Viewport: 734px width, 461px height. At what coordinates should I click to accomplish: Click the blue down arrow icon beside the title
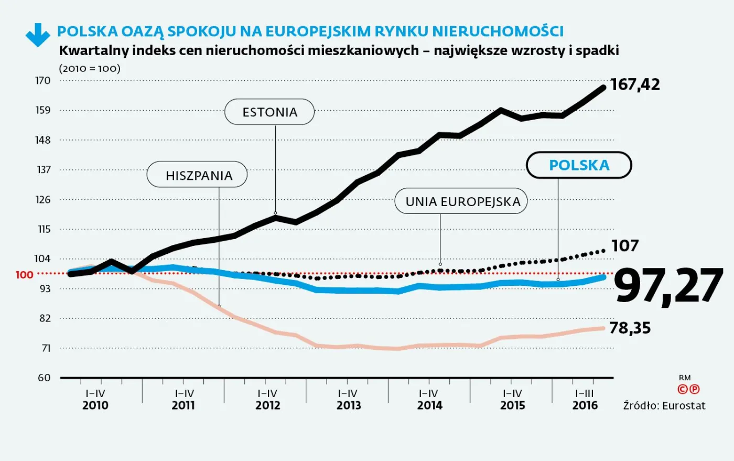click(x=38, y=35)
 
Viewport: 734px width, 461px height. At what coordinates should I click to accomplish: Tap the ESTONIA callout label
click(x=269, y=112)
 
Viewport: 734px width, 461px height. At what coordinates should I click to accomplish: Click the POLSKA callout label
click(x=579, y=165)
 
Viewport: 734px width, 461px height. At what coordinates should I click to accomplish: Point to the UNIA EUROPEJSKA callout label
click(x=461, y=201)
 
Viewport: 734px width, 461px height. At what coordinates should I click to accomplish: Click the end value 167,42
click(x=635, y=84)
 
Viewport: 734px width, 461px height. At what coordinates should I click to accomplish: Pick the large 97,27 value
click(x=668, y=286)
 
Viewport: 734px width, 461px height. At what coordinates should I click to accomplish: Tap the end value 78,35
click(x=630, y=328)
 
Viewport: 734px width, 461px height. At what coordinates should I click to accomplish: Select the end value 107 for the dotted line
click(x=625, y=245)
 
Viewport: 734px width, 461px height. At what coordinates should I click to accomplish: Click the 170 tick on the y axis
click(x=43, y=81)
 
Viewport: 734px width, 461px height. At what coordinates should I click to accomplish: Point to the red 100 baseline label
click(x=24, y=275)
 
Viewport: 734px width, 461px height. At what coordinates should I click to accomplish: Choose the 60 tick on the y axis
click(x=44, y=378)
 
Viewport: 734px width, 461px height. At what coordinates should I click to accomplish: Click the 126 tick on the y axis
click(x=43, y=199)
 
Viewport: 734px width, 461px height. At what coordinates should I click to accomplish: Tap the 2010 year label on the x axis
click(x=95, y=405)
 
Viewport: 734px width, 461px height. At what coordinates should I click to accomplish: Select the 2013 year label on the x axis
click(x=349, y=405)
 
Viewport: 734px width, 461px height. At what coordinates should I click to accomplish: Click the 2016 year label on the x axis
click(x=585, y=405)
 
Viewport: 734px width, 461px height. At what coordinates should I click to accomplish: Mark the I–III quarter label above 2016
click(x=584, y=393)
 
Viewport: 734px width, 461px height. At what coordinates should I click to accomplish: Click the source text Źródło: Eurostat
click(x=664, y=406)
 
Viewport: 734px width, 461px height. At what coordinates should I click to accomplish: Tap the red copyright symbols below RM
click(x=688, y=389)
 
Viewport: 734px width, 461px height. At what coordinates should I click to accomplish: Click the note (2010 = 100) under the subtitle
click(x=90, y=68)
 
